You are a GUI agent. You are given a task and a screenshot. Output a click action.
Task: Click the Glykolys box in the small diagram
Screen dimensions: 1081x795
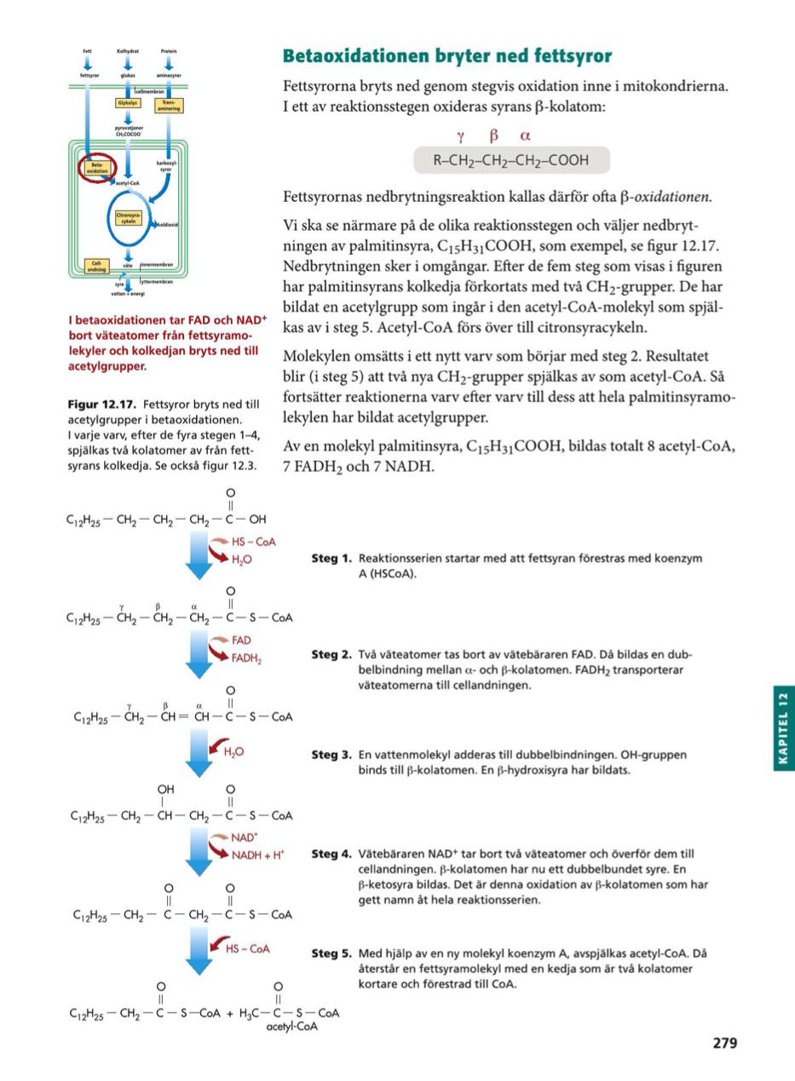tap(127, 103)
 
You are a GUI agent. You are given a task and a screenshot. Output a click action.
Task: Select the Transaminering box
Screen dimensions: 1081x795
tap(169, 106)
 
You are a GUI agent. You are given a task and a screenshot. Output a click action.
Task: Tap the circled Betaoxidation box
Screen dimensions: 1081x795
tap(97, 167)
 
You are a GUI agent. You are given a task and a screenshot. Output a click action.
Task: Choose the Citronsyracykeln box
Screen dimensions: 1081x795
tap(129, 218)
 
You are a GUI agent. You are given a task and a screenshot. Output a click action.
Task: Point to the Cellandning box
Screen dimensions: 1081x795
tap(97, 267)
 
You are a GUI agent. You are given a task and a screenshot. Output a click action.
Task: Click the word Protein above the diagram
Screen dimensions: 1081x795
tap(169, 51)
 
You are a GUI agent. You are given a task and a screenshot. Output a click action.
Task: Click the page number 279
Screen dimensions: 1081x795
tap(724, 1043)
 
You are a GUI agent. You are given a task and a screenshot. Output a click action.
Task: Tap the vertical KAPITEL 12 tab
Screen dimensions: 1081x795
tap(783, 728)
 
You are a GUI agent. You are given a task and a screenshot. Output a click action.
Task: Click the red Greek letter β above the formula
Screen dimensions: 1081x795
tap(493, 135)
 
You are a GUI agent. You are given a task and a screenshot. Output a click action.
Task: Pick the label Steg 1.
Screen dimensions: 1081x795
tap(331, 559)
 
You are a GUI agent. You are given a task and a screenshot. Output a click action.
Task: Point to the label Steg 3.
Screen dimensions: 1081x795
tap(331, 755)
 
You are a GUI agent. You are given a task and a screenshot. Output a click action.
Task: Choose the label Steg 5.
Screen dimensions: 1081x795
tap(331, 954)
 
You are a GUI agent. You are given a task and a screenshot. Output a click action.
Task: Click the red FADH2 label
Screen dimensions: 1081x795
tap(246, 658)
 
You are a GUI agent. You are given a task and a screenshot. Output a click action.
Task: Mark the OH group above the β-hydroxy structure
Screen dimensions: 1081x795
tap(165, 790)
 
